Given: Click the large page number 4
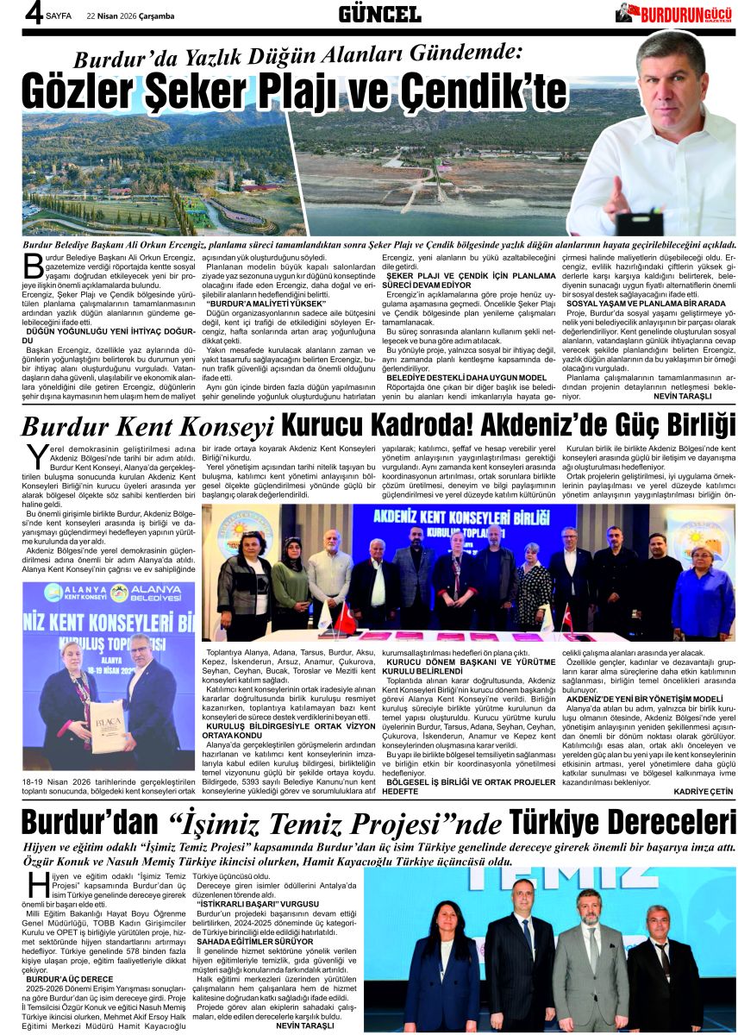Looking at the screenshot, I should tap(10, 15).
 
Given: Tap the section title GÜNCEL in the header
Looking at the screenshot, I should tap(379, 13).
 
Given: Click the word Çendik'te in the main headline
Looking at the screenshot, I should tap(488, 92).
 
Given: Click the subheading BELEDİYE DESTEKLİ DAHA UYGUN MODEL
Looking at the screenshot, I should tap(466, 377).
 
